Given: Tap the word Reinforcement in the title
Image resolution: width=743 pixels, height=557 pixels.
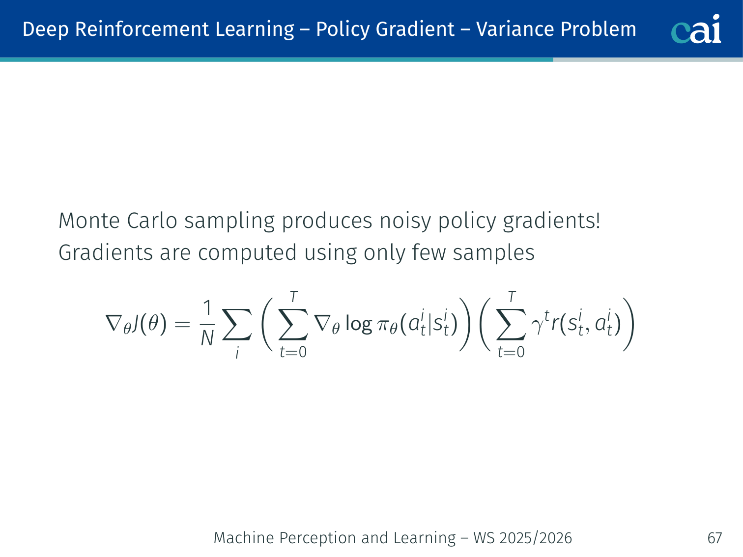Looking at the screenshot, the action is [x=141, y=29].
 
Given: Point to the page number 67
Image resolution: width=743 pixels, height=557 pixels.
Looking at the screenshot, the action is [x=714, y=538].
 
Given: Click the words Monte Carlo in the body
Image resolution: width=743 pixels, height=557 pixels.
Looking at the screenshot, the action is [x=118, y=221].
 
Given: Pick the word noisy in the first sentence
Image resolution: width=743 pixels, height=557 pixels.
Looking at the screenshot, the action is [x=405, y=222].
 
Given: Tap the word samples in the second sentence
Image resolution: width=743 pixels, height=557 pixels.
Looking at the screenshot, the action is [x=494, y=253].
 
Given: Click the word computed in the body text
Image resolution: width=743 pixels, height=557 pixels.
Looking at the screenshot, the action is [x=248, y=253].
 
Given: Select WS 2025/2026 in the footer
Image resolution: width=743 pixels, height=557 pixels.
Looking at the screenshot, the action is [x=523, y=538].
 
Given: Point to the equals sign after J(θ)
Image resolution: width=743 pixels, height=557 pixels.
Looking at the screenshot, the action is [x=182, y=324].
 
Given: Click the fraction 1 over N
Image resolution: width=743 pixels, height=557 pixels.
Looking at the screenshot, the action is [x=207, y=323].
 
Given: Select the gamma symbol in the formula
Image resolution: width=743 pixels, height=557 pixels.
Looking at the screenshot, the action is [x=537, y=326].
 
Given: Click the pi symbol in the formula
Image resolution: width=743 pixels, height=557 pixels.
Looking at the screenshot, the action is [x=383, y=325].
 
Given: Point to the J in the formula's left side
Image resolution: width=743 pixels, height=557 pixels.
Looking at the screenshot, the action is [x=136, y=324].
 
